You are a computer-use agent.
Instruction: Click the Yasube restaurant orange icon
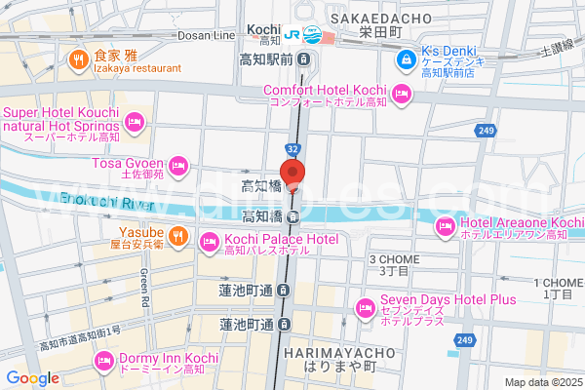pyautogui.click(x=177, y=234)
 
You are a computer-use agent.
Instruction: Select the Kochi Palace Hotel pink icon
pyautogui.click(x=209, y=241)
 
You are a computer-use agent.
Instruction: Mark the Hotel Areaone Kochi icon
pyautogui.click(x=446, y=227)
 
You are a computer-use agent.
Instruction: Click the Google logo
pyautogui.click(x=32, y=377)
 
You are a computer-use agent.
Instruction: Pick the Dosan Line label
pyautogui.click(x=207, y=35)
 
